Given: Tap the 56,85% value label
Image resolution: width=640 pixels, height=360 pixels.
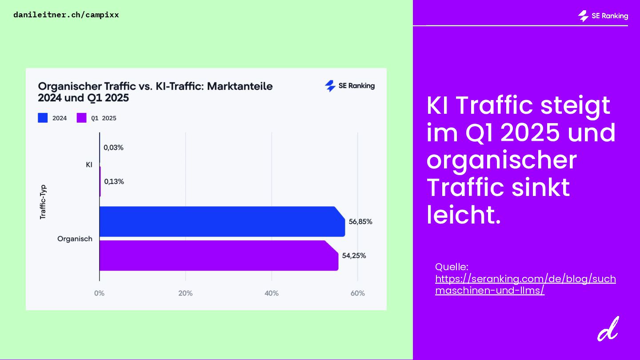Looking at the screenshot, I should tap(360, 222).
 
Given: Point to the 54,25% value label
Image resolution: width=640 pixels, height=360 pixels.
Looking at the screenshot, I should tap(354, 256).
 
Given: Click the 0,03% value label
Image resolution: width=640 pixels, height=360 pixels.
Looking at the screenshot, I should tap(113, 148).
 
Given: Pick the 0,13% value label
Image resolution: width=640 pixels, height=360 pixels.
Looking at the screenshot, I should tap(114, 181).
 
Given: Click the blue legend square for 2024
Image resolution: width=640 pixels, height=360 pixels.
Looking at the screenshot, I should tap(43, 118).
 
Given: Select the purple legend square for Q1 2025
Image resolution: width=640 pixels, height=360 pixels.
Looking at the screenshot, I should tap(81, 118).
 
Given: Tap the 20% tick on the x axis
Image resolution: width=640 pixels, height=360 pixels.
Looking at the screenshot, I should tap(185, 293).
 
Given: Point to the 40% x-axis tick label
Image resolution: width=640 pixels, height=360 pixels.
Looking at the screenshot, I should tap(272, 293).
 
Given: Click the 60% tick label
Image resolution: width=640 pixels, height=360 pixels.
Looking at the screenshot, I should tap(358, 293).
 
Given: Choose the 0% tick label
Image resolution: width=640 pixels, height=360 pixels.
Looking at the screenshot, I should tap(99, 293).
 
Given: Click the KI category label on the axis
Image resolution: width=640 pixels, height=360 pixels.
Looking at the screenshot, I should tap(89, 165).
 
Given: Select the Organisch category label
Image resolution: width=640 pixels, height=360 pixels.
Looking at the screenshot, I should tap(75, 239).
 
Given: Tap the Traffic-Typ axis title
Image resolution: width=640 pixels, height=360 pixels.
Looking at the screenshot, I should tap(43, 202).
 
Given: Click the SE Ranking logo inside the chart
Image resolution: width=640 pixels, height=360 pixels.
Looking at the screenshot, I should tap(350, 86).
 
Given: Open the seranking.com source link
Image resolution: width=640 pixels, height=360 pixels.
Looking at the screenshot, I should tap(525, 285).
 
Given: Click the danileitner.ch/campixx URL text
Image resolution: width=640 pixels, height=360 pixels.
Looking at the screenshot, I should tap(66, 15).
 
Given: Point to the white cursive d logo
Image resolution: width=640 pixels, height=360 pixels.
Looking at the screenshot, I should tap(608, 329).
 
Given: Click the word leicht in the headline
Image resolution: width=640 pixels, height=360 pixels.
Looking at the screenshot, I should tap(464, 215).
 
